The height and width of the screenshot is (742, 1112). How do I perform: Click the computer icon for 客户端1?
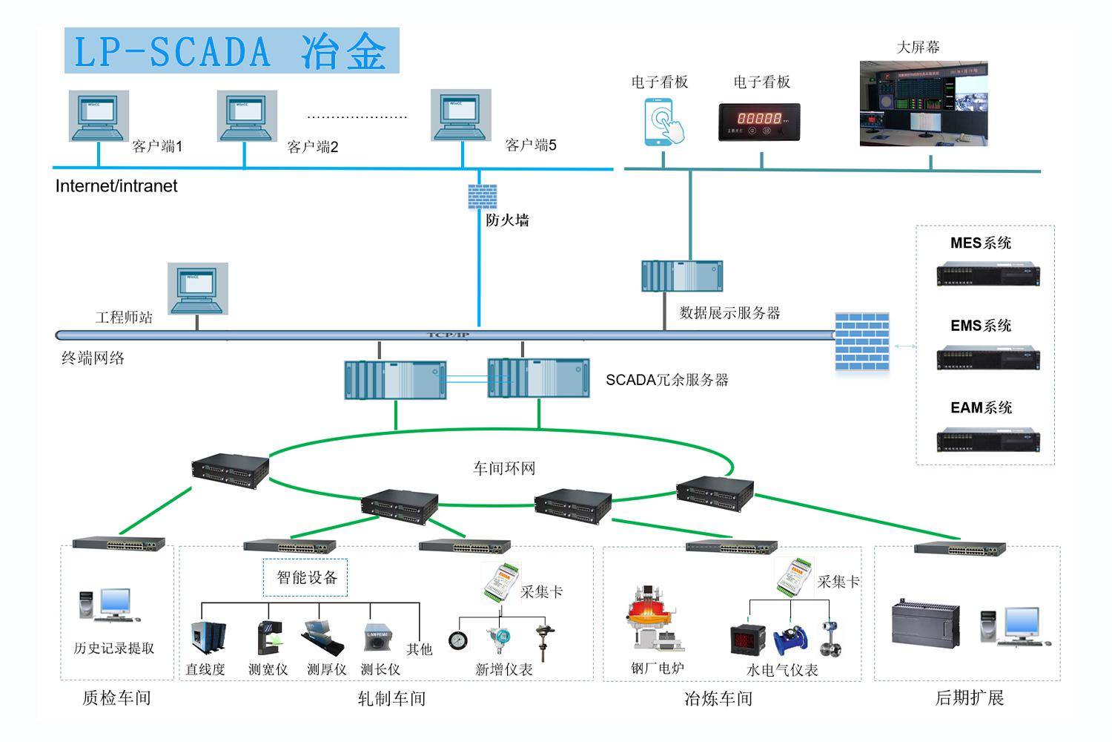(99, 116)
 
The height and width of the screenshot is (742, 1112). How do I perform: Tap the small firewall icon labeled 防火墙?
(482, 197)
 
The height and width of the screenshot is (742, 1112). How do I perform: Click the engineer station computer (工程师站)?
(197, 289)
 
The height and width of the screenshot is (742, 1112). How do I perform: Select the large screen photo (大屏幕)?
(924, 103)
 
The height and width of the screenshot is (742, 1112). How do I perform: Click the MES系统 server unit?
(987, 275)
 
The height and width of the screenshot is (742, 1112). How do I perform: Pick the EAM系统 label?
(981, 407)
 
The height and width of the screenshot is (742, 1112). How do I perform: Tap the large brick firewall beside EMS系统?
(861, 341)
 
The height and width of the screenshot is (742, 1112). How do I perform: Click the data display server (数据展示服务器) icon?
(682, 276)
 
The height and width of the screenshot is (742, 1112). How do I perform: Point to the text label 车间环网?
(504, 468)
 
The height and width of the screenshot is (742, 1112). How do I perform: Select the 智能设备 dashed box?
(305, 577)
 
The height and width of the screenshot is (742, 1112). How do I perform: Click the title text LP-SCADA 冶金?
(231, 51)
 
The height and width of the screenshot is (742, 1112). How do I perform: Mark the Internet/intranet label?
(116, 186)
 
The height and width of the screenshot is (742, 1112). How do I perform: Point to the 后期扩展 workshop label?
(969, 697)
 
